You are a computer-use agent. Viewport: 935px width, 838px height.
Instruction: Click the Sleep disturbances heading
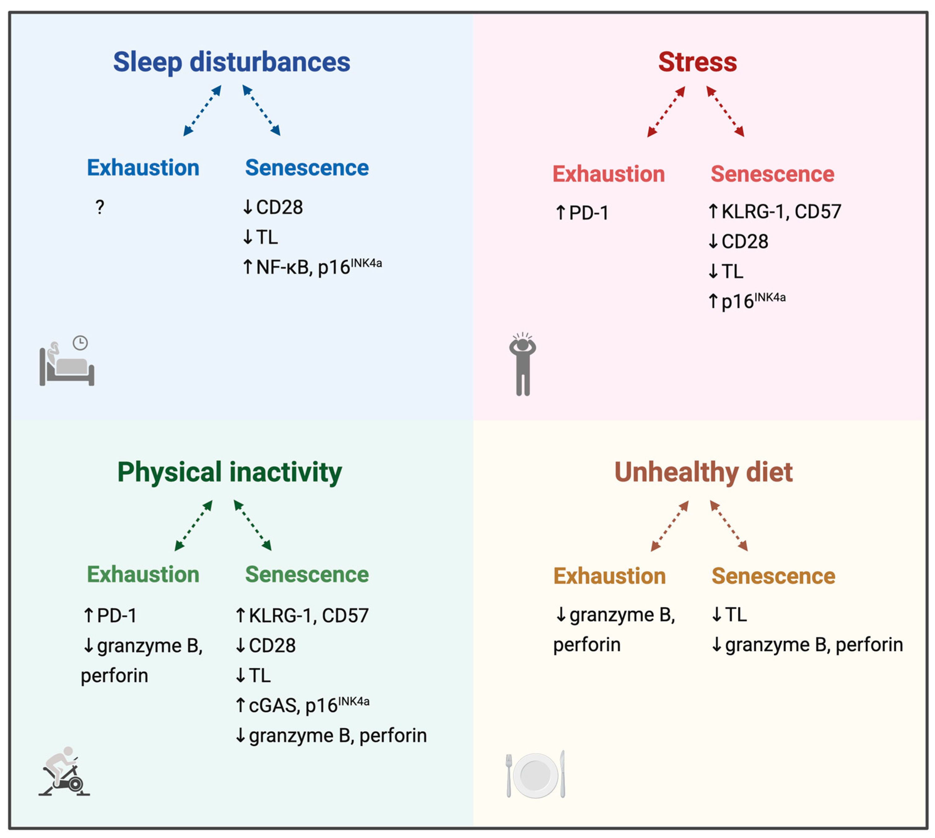click(x=232, y=62)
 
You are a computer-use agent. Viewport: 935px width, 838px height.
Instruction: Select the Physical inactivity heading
click(x=229, y=472)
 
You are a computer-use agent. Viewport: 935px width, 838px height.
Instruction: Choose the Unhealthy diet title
click(x=703, y=472)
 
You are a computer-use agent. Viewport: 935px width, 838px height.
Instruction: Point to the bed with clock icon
click(x=67, y=361)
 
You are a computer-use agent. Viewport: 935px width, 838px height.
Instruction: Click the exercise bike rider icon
click(x=64, y=772)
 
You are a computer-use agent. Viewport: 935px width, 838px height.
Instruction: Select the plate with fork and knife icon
click(x=535, y=775)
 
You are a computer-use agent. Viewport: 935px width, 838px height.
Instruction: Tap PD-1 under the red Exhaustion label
click(x=588, y=213)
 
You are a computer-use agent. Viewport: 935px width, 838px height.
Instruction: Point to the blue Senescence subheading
click(x=307, y=168)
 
